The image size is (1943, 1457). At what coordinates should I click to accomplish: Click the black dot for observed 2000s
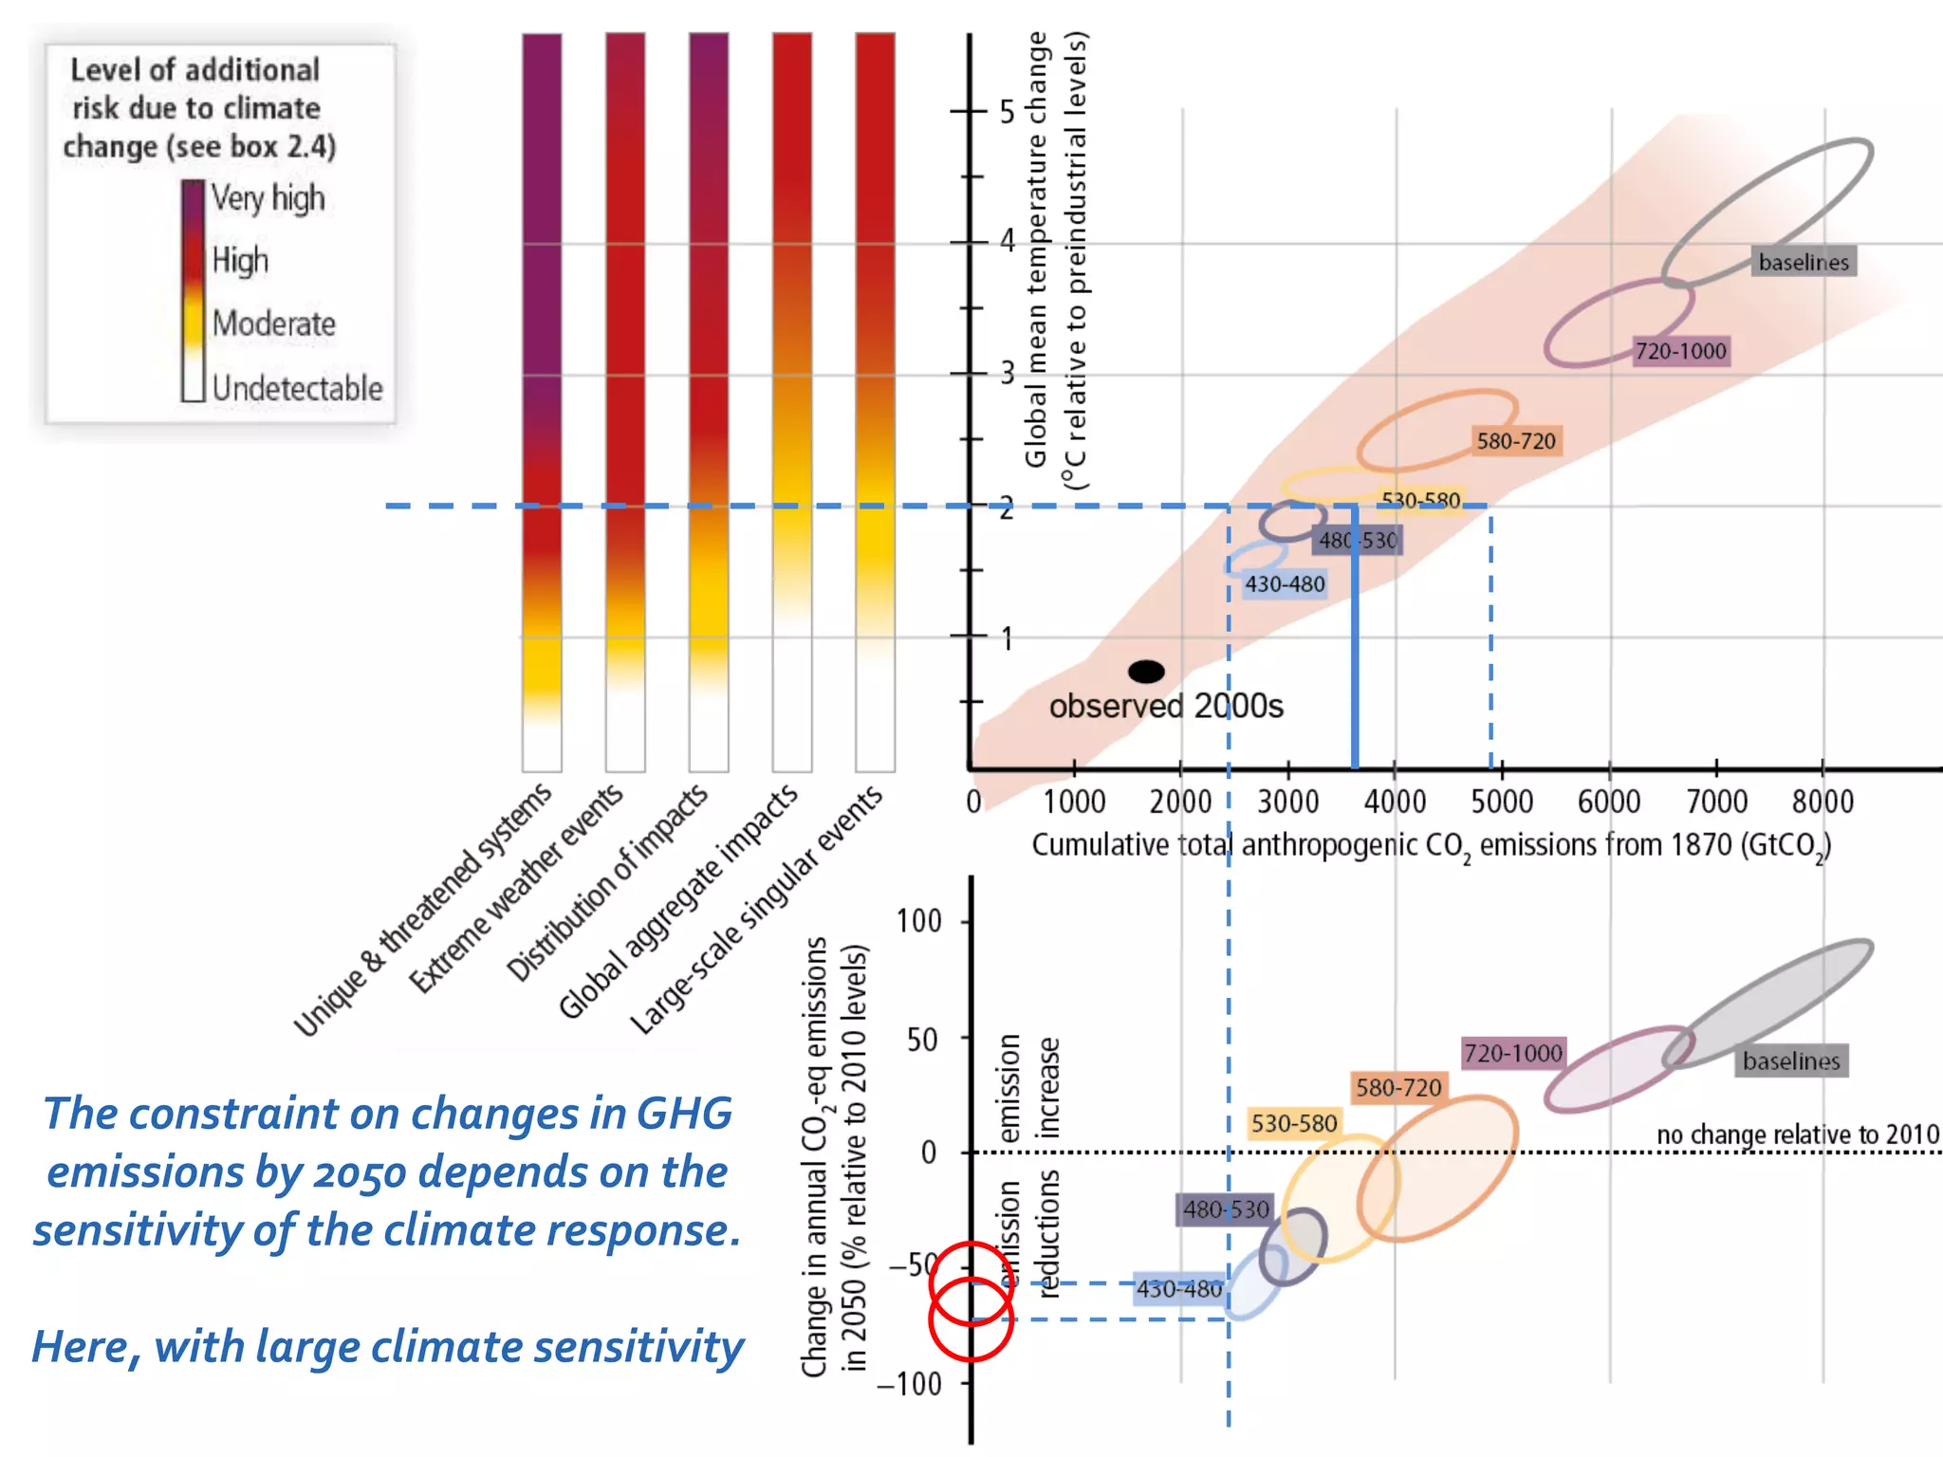(x=1146, y=672)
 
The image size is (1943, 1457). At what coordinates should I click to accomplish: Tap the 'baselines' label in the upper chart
(x=1803, y=263)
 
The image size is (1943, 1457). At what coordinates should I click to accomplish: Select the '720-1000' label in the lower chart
(x=1512, y=1053)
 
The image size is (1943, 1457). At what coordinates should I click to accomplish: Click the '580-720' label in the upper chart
(x=1515, y=441)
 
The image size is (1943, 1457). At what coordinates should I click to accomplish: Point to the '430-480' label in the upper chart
(x=1284, y=584)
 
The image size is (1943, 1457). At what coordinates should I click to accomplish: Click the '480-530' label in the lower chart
(x=1225, y=1209)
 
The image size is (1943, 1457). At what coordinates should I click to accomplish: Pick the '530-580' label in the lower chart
(x=1293, y=1124)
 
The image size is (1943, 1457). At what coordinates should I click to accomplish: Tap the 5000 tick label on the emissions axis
(x=1501, y=802)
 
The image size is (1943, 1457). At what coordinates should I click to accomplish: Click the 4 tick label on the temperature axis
(x=1008, y=241)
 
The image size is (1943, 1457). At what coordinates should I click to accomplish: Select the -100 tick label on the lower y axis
(x=908, y=1384)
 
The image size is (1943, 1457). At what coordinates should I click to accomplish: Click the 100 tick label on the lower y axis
(x=918, y=921)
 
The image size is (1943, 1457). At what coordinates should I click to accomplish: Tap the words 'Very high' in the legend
(x=268, y=198)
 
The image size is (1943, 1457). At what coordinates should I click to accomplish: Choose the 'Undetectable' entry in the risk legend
(x=297, y=388)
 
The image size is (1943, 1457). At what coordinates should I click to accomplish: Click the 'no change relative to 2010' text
(x=1797, y=1134)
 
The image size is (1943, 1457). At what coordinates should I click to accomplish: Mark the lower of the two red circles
(x=971, y=1319)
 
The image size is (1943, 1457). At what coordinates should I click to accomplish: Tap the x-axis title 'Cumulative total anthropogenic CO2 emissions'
(x=1431, y=845)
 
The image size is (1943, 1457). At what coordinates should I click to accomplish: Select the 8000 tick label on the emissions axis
(x=1822, y=802)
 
